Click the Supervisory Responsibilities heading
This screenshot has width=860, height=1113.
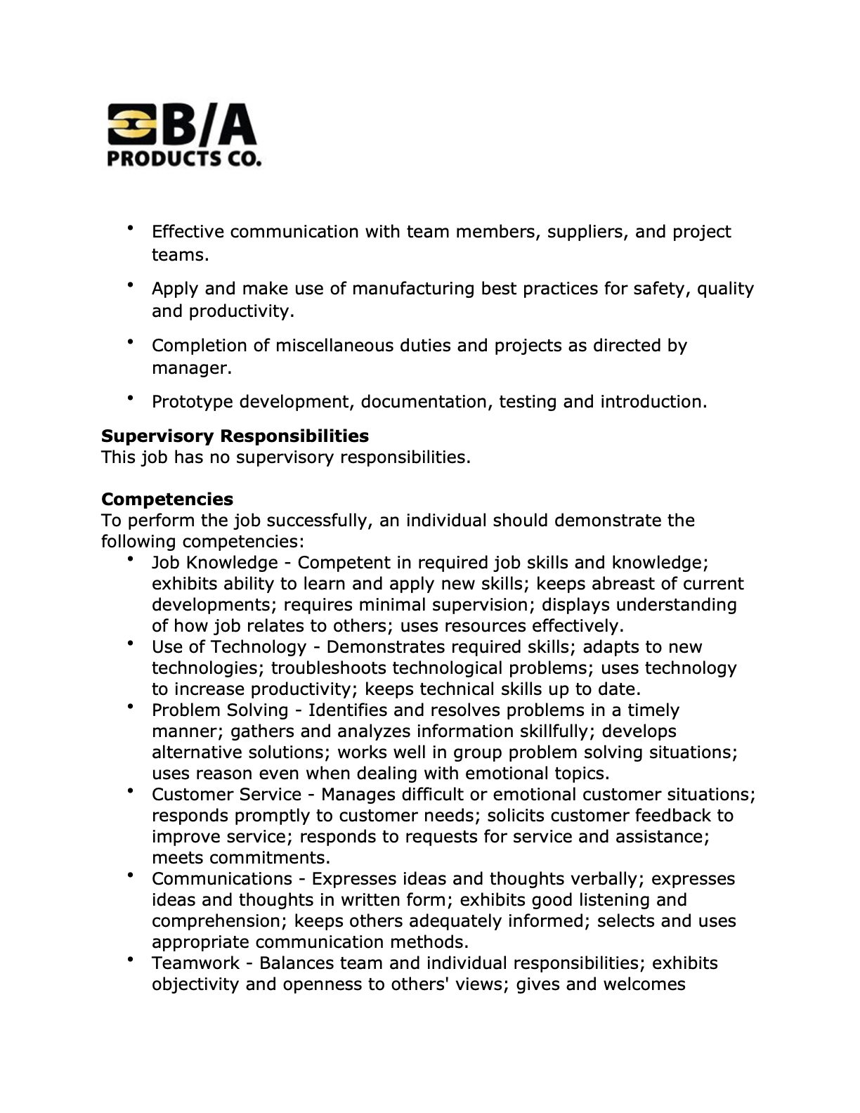coord(235,436)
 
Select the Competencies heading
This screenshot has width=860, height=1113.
coord(167,500)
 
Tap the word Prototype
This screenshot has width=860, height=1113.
coord(193,402)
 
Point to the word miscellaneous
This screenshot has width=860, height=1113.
coord(334,346)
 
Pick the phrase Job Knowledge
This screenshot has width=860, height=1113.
coord(215,563)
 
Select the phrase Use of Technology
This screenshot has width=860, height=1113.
coord(229,647)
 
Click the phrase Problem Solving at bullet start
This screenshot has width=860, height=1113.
coord(220,710)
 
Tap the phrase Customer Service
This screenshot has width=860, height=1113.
coord(226,795)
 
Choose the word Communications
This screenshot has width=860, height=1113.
coord(222,879)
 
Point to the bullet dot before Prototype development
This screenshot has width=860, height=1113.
coord(131,398)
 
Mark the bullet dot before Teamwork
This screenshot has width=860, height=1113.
coord(131,959)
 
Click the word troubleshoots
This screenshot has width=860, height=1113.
coord(329,668)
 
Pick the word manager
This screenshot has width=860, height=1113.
coord(190,368)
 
